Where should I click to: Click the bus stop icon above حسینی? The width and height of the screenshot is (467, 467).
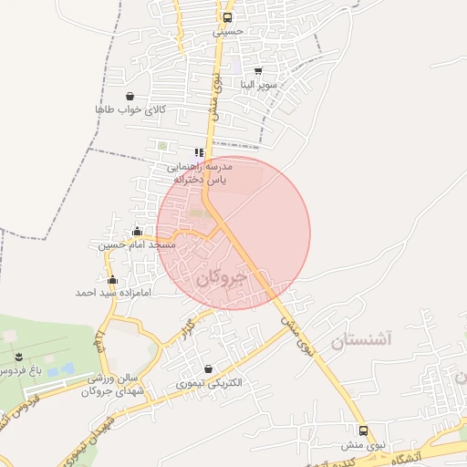tap(227, 16)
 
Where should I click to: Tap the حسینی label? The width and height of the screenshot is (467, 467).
tap(228, 31)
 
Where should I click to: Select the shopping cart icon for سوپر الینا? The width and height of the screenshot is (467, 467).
tap(258, 70)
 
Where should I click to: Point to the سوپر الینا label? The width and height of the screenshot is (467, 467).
tap(258, 85)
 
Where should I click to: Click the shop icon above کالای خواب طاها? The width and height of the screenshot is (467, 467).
tap(130, 96)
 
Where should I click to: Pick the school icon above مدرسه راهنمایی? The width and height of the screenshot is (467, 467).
tap(199, 152)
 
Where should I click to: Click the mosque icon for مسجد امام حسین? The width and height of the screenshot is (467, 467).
tap(138, 232)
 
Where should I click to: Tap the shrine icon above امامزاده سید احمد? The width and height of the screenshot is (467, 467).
tap(113, 280)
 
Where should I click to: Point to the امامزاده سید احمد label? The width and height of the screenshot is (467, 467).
tap(109, 294)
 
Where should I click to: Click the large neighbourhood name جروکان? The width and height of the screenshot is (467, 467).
tap(222, 277)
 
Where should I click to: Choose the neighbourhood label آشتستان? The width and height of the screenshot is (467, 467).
tap(360, 341)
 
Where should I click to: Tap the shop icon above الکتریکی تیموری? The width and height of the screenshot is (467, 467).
tap(210, 368)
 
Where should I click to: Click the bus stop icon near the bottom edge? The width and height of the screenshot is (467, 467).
tap(364, 431)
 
